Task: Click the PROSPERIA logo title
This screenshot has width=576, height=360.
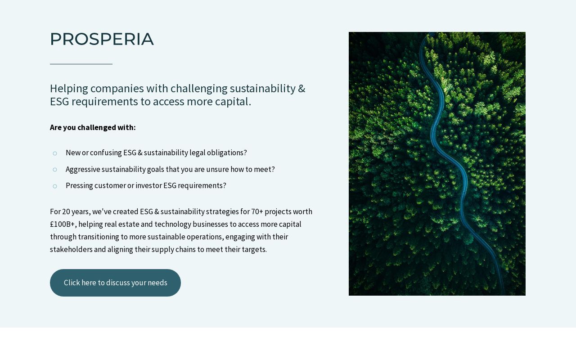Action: point(102,39)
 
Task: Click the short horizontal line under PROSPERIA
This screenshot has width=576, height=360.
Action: point(81,64)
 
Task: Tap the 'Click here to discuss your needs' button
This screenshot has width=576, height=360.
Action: point(115,283)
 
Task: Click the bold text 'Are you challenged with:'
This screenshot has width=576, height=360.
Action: point(93,127)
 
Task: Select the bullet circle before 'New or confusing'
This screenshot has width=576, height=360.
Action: point(55,153)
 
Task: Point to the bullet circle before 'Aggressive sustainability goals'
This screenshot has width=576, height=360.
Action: point(55,170)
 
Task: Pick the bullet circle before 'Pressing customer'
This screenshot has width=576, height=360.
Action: point(55,186)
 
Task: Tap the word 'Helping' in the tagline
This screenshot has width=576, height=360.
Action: point(68,89)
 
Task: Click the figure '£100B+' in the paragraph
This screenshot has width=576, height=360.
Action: point(62,224)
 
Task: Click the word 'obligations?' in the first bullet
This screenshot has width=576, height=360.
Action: point(226,153)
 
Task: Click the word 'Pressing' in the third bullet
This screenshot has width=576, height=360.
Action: point(79,185)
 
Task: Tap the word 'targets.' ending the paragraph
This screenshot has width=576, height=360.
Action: point(254,249)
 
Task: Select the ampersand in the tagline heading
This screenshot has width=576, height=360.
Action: point(301,89)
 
